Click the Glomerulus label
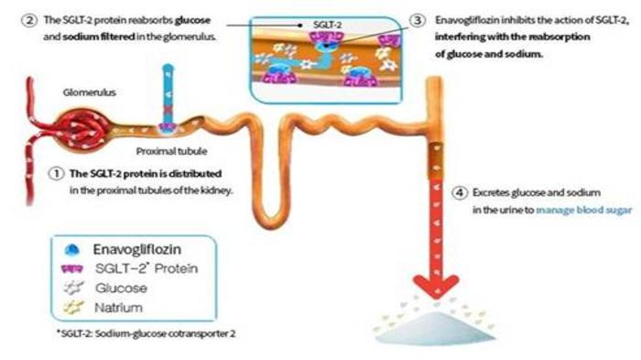pyautogui.click(x=86, y=93)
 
